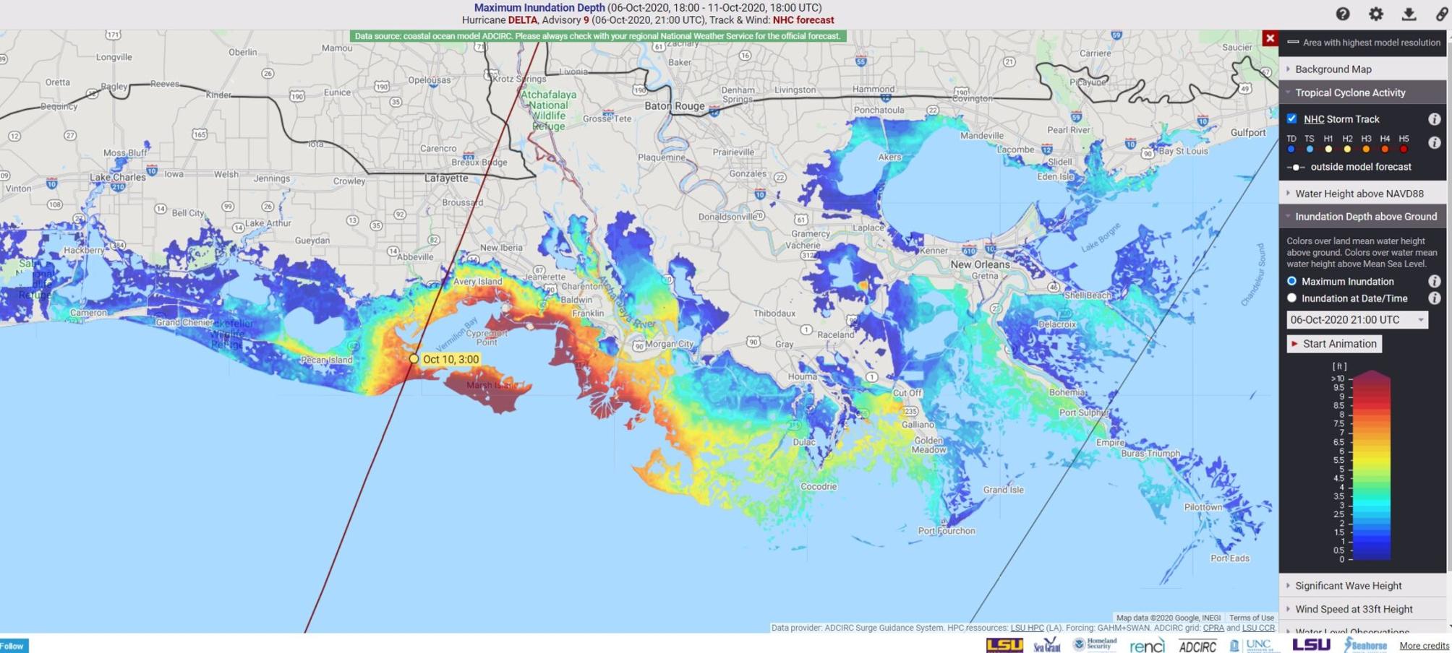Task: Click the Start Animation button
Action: click(1334, 344)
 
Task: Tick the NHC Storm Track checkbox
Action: click(1291, 118)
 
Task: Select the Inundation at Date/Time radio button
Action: click(1291, 298)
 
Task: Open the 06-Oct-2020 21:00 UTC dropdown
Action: click(1357, 320)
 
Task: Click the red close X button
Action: click(1270, 38)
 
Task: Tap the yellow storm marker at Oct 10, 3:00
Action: click(414, 359)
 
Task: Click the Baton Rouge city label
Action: click(674, 106)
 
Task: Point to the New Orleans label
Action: click(980, 264)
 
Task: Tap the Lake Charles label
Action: click(117, 177)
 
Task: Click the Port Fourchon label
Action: click(946, 531)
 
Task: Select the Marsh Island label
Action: click(489, 386)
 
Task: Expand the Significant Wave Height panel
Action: click(1348, 586)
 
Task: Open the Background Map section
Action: click(1333, 69)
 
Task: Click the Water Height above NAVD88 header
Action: click(1359, 194)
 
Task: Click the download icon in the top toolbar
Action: click(1409, 14)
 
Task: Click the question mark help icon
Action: click(1343, 14)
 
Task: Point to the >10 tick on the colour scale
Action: click(1338, 379)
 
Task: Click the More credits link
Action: click(1423, 646)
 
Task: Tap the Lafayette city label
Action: click(446, 178)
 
